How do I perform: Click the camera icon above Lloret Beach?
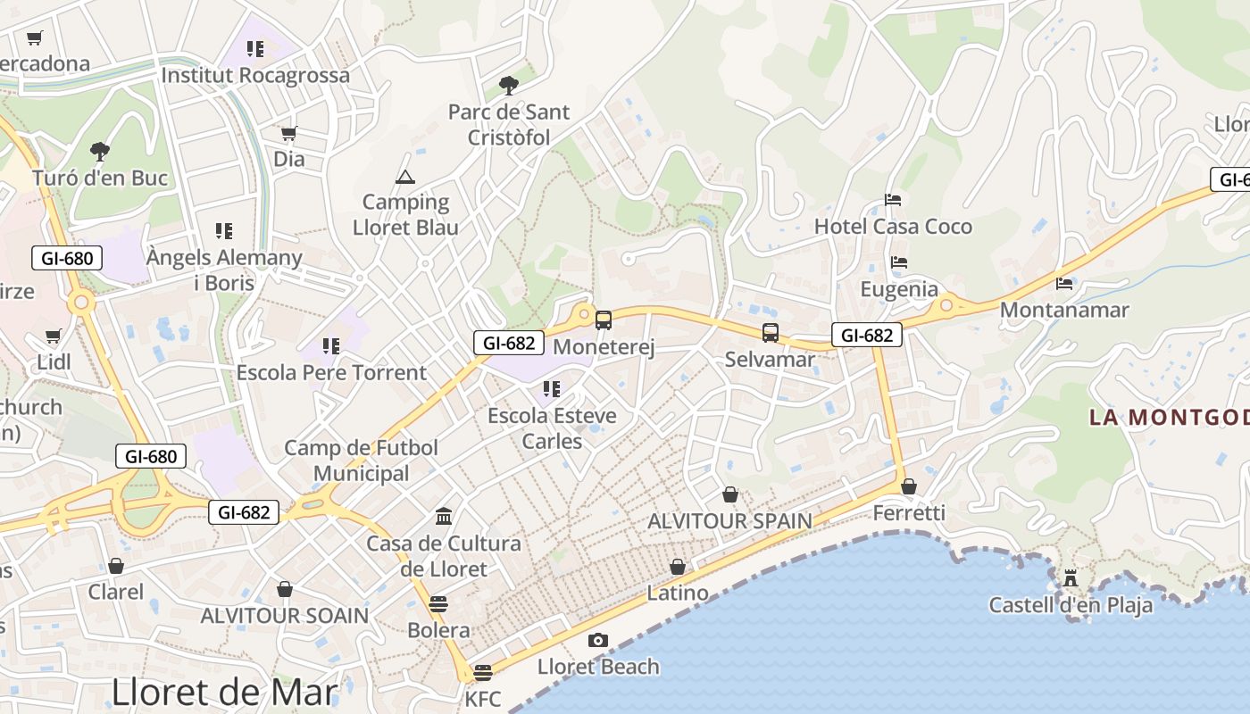tap(597, 640)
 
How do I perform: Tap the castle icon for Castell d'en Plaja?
tap(1070, 577)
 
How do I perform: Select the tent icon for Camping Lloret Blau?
tap(405, 177)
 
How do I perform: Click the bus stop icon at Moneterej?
tap(604, 320)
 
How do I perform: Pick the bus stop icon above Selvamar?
tap(770, 333)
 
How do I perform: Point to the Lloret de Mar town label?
tap(225, 692)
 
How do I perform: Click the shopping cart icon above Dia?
tap(288, 133)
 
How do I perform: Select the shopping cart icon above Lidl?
tap(53, 336)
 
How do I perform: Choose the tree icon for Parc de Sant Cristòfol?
tap(509, 86)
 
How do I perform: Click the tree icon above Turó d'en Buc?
tap(100, 151)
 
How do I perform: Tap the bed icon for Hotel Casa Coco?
tap(893, 199)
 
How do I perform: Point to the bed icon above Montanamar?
tap(1064, 283)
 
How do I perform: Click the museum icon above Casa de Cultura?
tap(444, 516)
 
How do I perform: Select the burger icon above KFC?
tap(483, 672)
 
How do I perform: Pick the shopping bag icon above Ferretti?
tap(909, 486)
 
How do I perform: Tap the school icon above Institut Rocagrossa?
tap(255, 48)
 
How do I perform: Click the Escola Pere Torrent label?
tap(331, 372)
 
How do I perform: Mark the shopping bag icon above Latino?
tap(678, 567)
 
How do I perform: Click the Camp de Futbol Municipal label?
tap(361, 461)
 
